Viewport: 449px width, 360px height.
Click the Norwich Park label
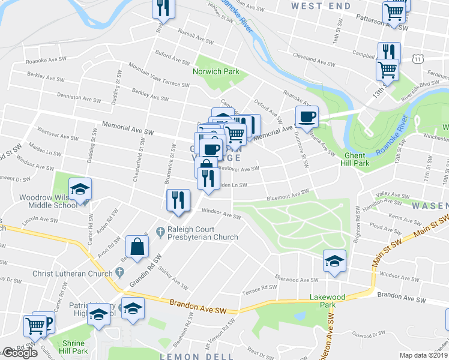click(x=215, y=71)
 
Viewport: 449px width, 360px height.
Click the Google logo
click(x=20, y=353)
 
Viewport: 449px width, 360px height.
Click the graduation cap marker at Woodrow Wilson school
click(x=80, y=189)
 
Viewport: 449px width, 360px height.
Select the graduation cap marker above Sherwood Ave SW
click(x=334, y=261)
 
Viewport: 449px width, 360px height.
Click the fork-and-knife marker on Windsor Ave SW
click(x=178, y=200)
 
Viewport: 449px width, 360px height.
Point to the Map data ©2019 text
click(x=424, y=355)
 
